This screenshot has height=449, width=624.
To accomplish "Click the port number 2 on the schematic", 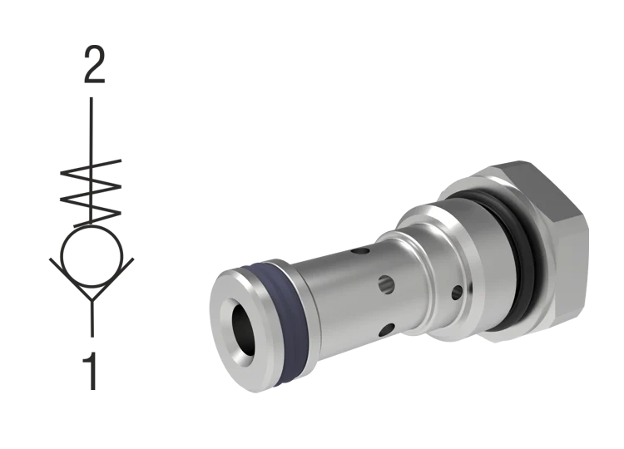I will (x=92, y=65).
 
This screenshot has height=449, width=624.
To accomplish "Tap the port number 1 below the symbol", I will (x=92, y=371).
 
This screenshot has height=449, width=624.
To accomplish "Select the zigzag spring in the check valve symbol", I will (x=91, y=185).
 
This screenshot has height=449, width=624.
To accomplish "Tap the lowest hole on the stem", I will (x=384, y=330).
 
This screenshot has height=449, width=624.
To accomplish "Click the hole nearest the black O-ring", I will (x=456, y=292).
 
